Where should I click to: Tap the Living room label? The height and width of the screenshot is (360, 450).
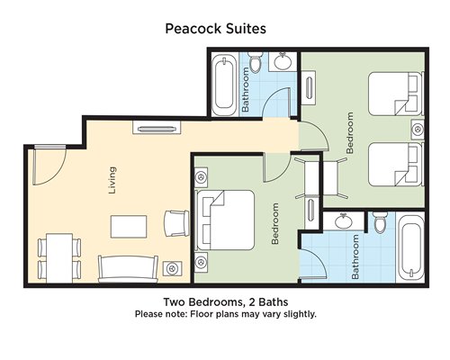pyautogui.click(x=112, y=180)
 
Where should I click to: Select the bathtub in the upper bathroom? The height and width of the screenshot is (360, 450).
pyautogui.click(x=224, y=85)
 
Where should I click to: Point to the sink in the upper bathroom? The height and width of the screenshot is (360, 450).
pyautogui.click(x=283, y=61)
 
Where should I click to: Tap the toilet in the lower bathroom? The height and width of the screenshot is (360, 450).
pyautogui.click(x=381, y=222)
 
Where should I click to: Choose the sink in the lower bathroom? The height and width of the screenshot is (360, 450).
pyautogui.click(x=344, y=221)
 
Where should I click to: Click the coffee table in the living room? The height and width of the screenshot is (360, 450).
pyautogui.click(x=129, y=227)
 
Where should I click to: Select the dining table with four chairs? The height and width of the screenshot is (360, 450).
pyautogui.click(x=59, y=257)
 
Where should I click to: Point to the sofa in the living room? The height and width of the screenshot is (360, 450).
pyautogui.click(x=128, y=269)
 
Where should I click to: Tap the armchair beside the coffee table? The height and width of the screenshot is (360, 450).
pyautogui.click(x=176, y=223)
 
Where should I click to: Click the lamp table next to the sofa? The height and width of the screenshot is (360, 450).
pyautogui.click(x=172, y=268)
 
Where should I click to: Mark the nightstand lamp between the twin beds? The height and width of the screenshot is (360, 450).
pyautogui.click(x=418, y=130)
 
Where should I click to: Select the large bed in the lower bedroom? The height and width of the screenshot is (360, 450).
pyautogui.click(x=225, y=220)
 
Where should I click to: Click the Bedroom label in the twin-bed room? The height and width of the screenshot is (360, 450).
pyautogui.click(x=350, y=133)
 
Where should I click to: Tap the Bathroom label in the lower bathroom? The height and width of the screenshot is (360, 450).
pyautogui.click(x=355, y=256)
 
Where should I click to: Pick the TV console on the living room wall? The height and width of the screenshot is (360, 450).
pyautogui.click(x=157, y=128)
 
